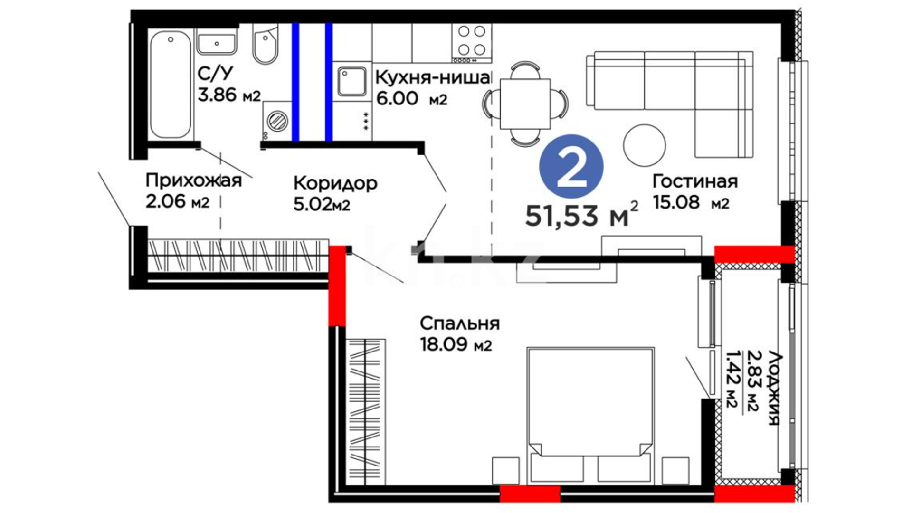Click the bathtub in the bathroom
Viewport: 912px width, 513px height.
[x=171, y=84]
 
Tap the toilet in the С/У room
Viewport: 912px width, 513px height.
[x=265, y=44]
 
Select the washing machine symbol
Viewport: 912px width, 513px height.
[x=277, y=121]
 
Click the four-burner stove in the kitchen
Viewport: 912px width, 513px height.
[x=472, y=43]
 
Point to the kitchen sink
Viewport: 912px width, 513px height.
[x=352, y=82]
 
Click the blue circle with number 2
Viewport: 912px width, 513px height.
[x=571, y=166]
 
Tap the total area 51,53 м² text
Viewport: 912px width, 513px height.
[x=581, y=215]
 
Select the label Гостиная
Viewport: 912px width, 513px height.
[x=695, y=181]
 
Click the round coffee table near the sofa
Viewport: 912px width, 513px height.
[x=645, y=145]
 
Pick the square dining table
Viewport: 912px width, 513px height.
[x=525, y=104]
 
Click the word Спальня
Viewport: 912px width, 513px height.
[x=460, y=324]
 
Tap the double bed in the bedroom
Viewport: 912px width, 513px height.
[x=590, y=416]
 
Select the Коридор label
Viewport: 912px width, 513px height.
[x=335, y=183]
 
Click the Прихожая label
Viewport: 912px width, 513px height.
[x=193, y=181]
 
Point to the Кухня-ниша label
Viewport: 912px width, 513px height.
[x=432, y=77]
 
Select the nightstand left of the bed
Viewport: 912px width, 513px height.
[x=506, y=471]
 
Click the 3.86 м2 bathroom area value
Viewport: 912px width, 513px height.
[x=229, y=95]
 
